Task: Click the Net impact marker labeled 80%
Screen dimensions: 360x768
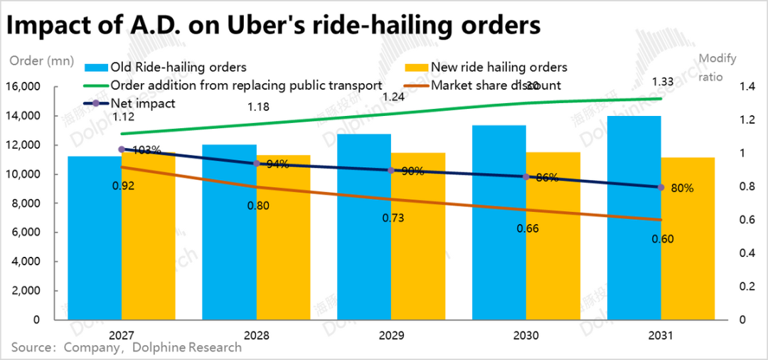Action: tap(661, 187)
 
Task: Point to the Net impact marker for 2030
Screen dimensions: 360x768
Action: tap(526, 176)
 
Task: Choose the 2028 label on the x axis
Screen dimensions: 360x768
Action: tap(257, 335)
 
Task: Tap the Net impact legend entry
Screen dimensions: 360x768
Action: tap(142, 104)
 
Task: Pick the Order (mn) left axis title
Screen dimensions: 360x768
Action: tap(41, 60)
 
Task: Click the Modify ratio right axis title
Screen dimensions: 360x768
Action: tap(718, 68)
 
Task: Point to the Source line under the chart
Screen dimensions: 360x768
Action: tap(126, 348)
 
